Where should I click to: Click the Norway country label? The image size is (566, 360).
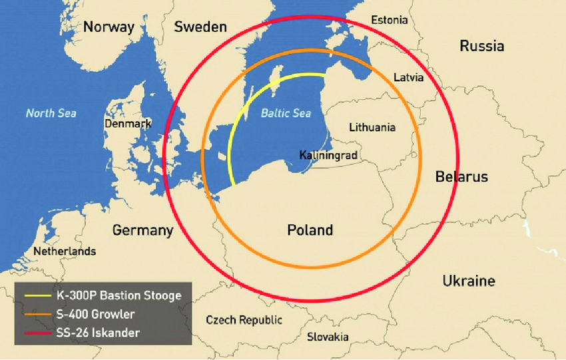109,27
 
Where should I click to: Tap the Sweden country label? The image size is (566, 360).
200,27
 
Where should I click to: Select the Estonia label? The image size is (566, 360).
390,20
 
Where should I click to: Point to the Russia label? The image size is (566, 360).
481,46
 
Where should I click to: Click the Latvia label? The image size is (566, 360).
408,77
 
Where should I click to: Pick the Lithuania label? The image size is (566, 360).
372,127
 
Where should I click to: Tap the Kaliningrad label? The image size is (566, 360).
328,155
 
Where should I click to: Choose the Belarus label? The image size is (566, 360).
461,177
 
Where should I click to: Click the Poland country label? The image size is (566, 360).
310,230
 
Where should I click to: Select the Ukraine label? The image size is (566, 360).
469,281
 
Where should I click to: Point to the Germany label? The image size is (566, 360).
142,231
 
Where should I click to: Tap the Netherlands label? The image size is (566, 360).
65,252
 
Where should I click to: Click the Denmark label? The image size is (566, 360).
128,124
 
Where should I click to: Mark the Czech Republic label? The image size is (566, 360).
244,320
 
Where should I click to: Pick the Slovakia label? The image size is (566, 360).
328,337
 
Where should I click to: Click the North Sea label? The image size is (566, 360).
51,113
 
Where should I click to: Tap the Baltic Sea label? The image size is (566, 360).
286,113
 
